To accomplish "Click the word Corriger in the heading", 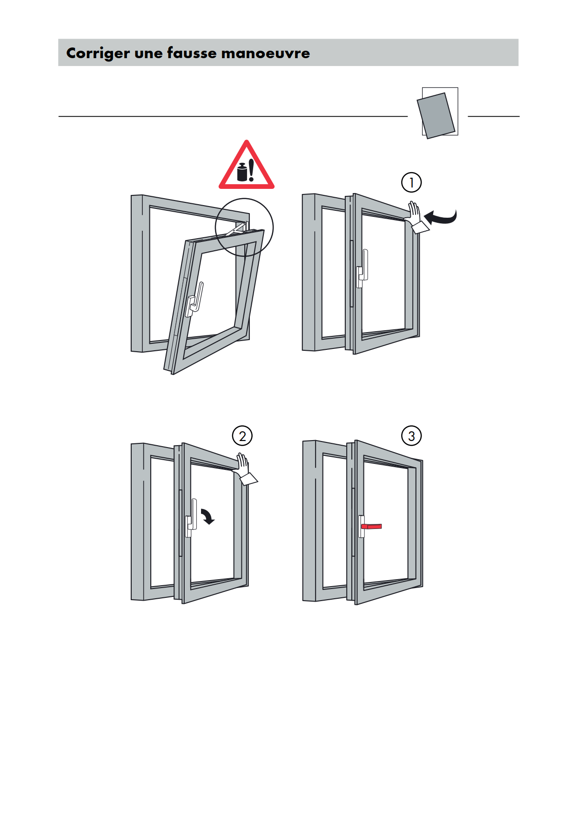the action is click(x=98, y=54).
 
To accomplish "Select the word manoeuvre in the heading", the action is click(x=266, y=53).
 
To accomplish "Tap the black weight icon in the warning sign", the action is click(x=242, y=172).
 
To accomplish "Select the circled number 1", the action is click(x=411, y=182).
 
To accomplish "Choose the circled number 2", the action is click(x=242, y=436).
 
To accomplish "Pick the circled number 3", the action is click(x=411, y=436).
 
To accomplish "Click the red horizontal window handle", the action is click(x=372, y=527).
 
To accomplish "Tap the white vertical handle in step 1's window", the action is click(x=362, y=268).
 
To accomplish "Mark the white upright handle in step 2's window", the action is click(x=191, y=517).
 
